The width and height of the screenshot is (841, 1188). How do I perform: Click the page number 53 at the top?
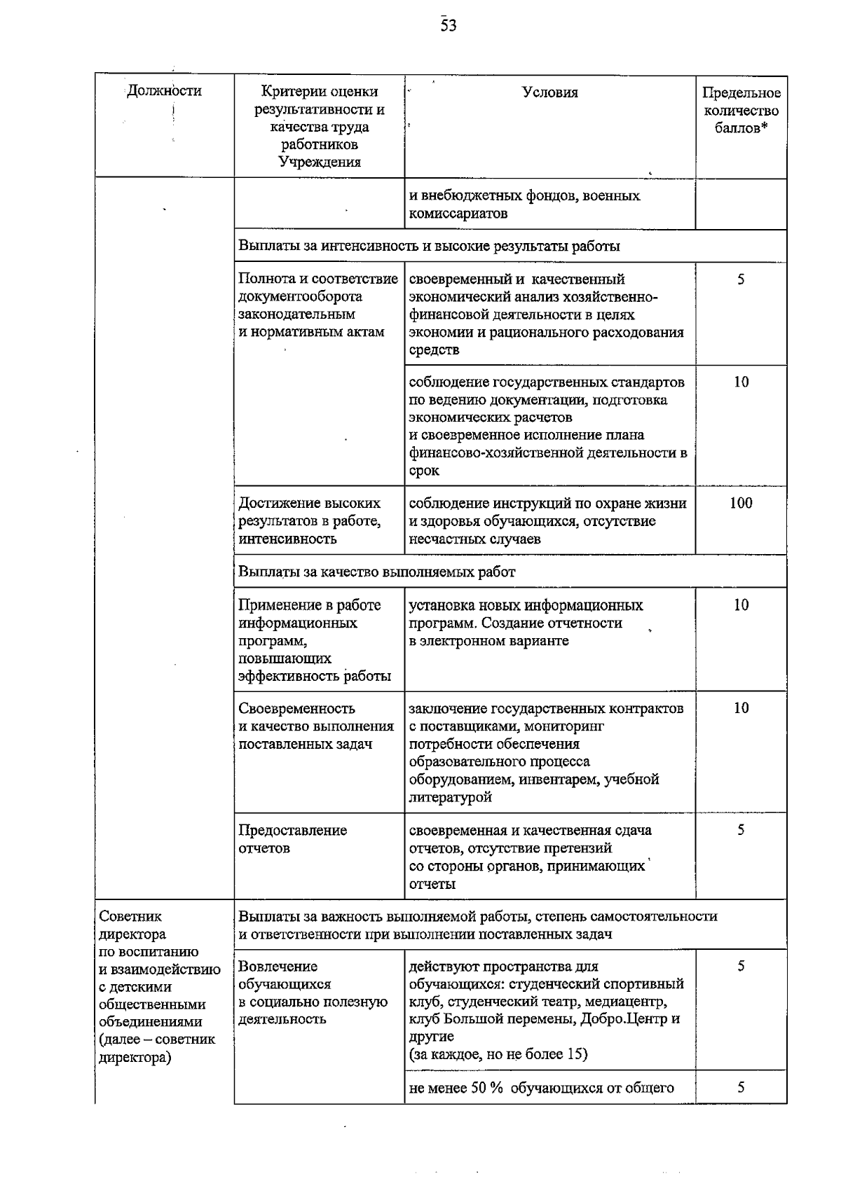[449, 26]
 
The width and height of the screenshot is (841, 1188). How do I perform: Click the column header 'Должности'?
[164, 91]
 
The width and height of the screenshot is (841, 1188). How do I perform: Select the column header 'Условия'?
[550, 92]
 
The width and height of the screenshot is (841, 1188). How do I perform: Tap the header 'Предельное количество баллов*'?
[741, 111]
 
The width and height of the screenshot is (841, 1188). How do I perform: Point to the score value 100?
[741, 503]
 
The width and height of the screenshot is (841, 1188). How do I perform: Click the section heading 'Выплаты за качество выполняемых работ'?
[377, 572]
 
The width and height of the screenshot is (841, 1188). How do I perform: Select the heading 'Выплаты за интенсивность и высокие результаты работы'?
[429, 247]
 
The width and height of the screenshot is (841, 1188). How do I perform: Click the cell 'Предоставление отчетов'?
[292, 839]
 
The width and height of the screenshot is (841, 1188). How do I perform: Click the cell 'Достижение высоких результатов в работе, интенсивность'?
[310, 521]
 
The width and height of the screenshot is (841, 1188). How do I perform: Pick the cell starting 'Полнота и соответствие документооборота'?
[318, 305]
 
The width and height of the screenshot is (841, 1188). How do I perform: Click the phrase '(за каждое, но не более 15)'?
[498, 1054]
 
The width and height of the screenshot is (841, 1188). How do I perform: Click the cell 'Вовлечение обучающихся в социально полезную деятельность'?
[313, 993]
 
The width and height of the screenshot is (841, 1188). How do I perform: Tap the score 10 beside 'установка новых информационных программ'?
[741, 605]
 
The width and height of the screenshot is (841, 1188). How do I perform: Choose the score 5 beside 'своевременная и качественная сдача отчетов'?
[741, 831]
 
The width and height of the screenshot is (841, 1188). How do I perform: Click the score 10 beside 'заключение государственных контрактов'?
[741, 708]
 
